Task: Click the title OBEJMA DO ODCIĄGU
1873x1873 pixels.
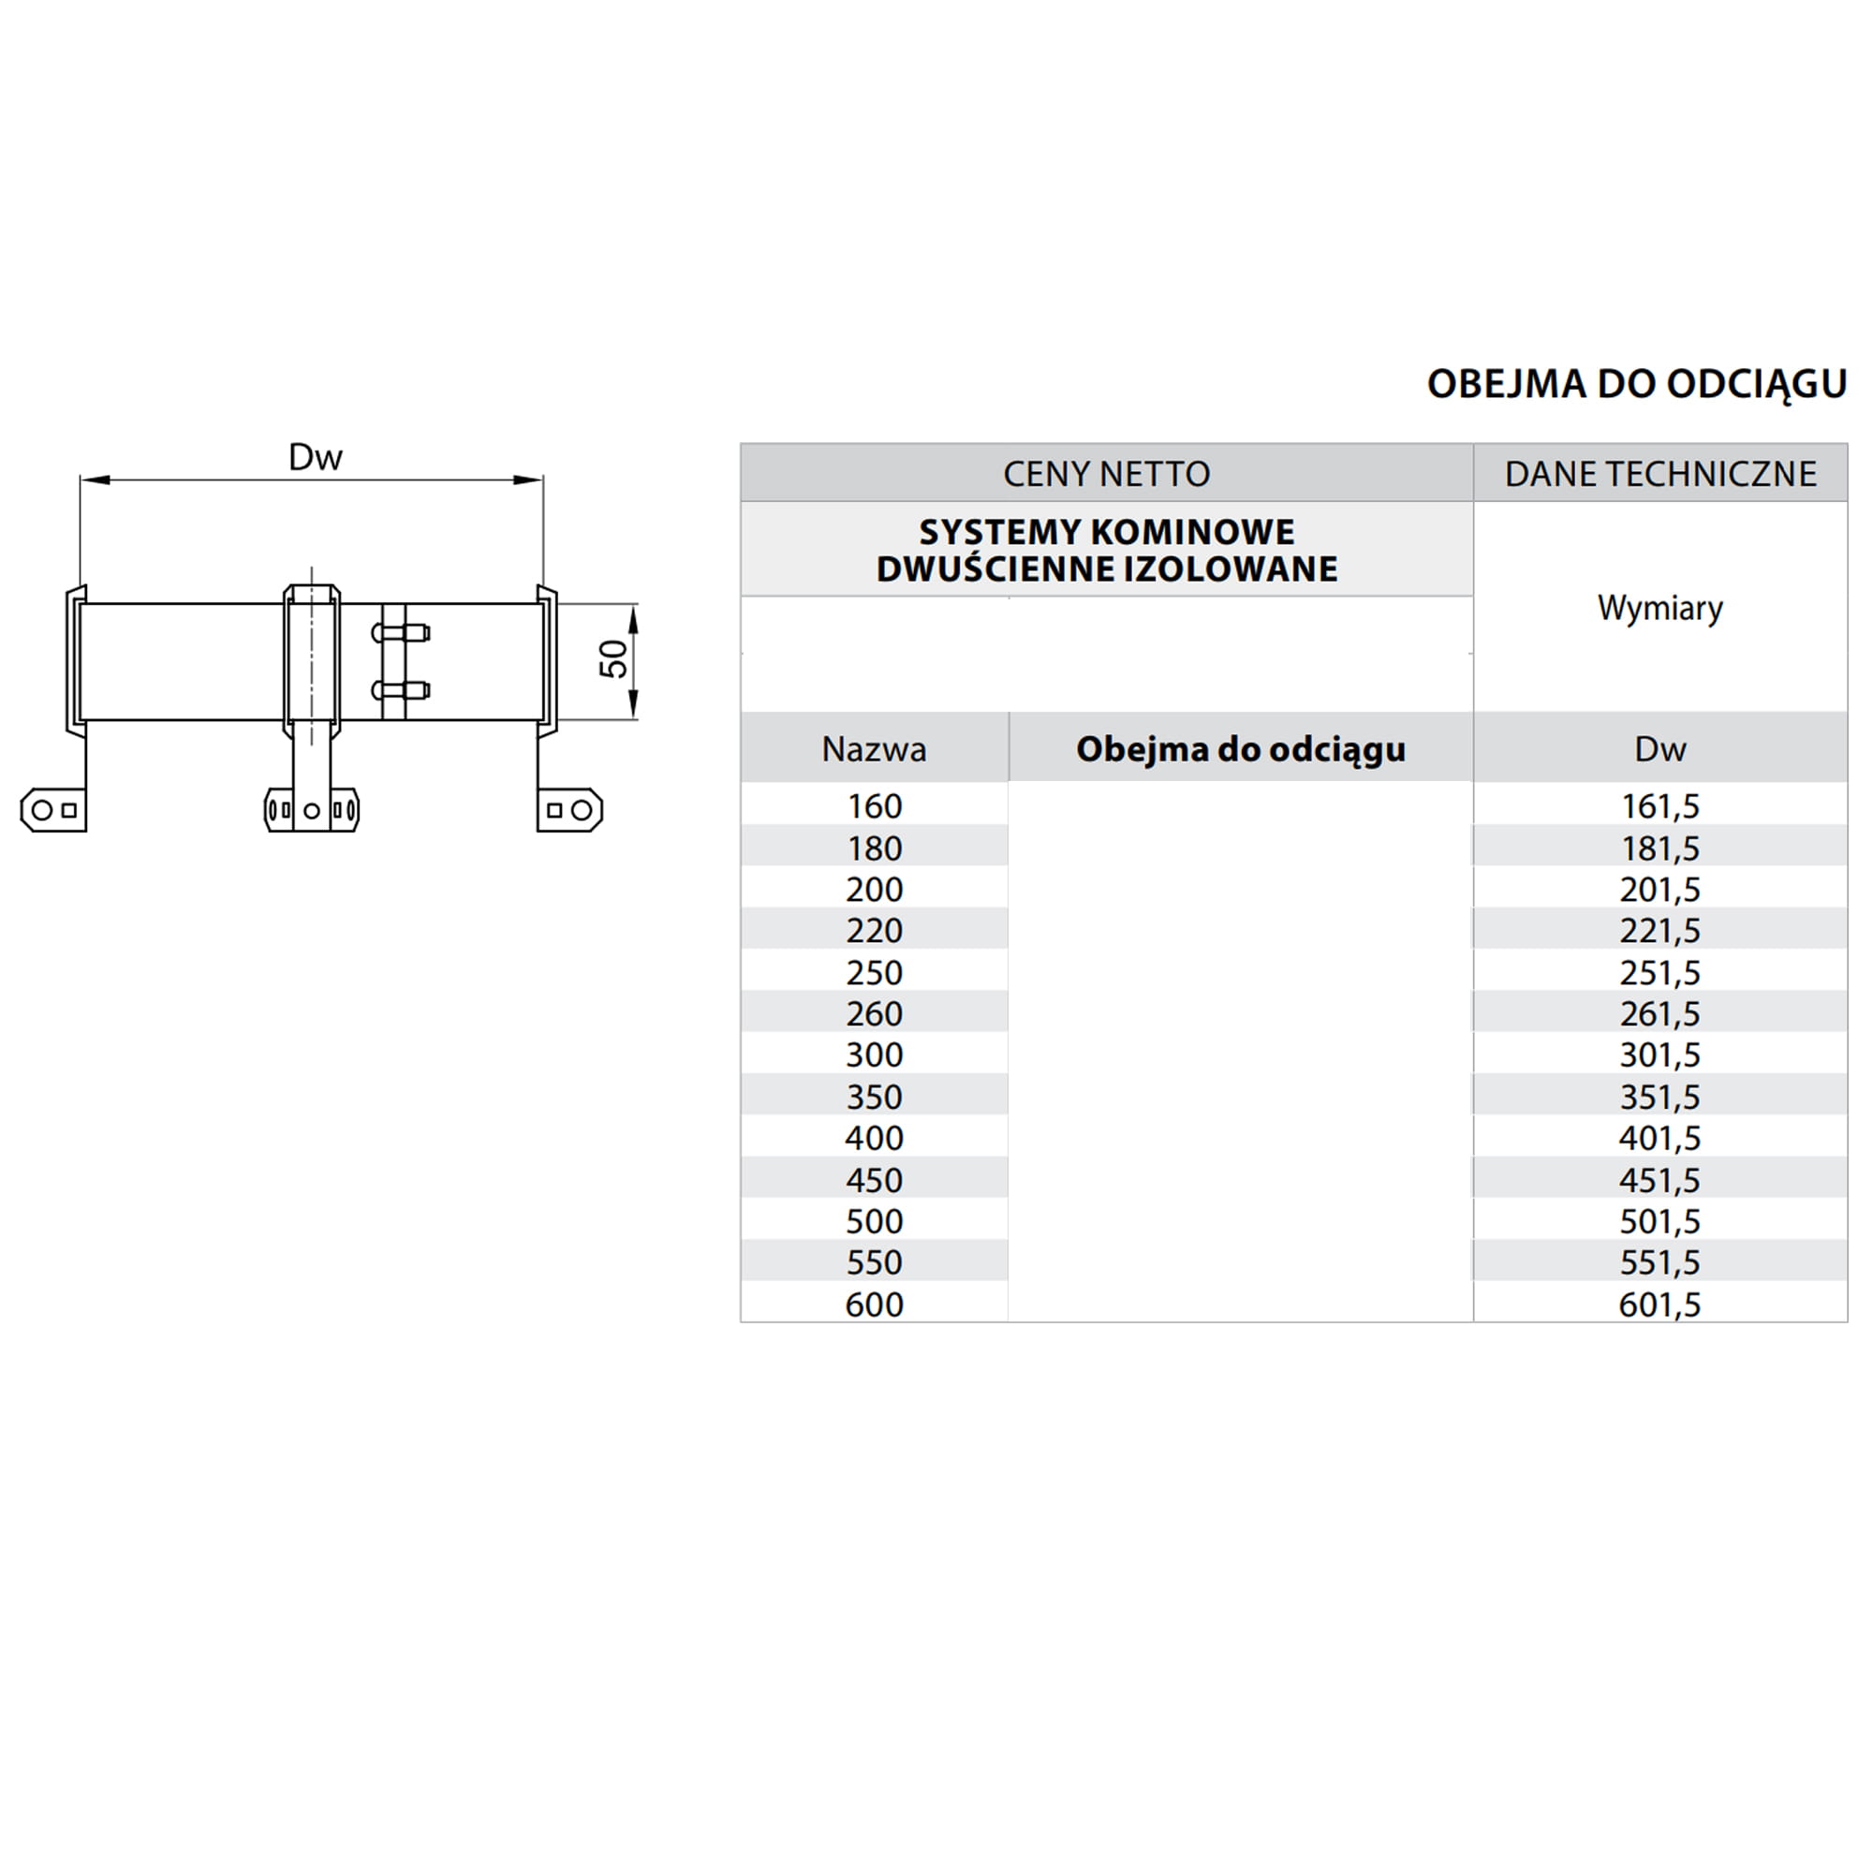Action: click(1635, 384)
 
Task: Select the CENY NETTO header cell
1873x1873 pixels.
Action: click(1106, 474)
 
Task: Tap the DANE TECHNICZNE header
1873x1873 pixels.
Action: click(1659, 474)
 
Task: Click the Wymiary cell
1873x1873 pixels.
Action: click(1659, 608)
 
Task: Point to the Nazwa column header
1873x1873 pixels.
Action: click(874, 748)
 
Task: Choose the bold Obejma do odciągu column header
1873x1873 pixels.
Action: click(1240, 748)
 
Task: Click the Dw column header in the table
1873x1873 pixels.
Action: click(1659, 748)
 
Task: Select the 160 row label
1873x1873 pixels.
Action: click(874, 805)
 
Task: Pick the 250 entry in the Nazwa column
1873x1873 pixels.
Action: click(874, 972)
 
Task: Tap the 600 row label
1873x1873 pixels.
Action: click(874, 1305)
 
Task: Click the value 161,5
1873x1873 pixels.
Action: click(1659, 805)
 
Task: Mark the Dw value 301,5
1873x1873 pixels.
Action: click(1659, 1054)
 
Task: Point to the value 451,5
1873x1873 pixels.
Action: click(1659, 1180)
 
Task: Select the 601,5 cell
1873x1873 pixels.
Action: click(1659, 1305)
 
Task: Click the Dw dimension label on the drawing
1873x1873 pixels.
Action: click(315, 458)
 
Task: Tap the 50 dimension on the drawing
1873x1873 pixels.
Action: click(613, 659)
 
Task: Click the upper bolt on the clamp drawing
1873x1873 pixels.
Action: click(401, 633)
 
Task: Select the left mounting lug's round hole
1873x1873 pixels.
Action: click(42, 809)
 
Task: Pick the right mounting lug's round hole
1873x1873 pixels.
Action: click(581, 809)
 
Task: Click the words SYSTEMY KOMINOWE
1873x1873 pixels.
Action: click(1106, 532)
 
